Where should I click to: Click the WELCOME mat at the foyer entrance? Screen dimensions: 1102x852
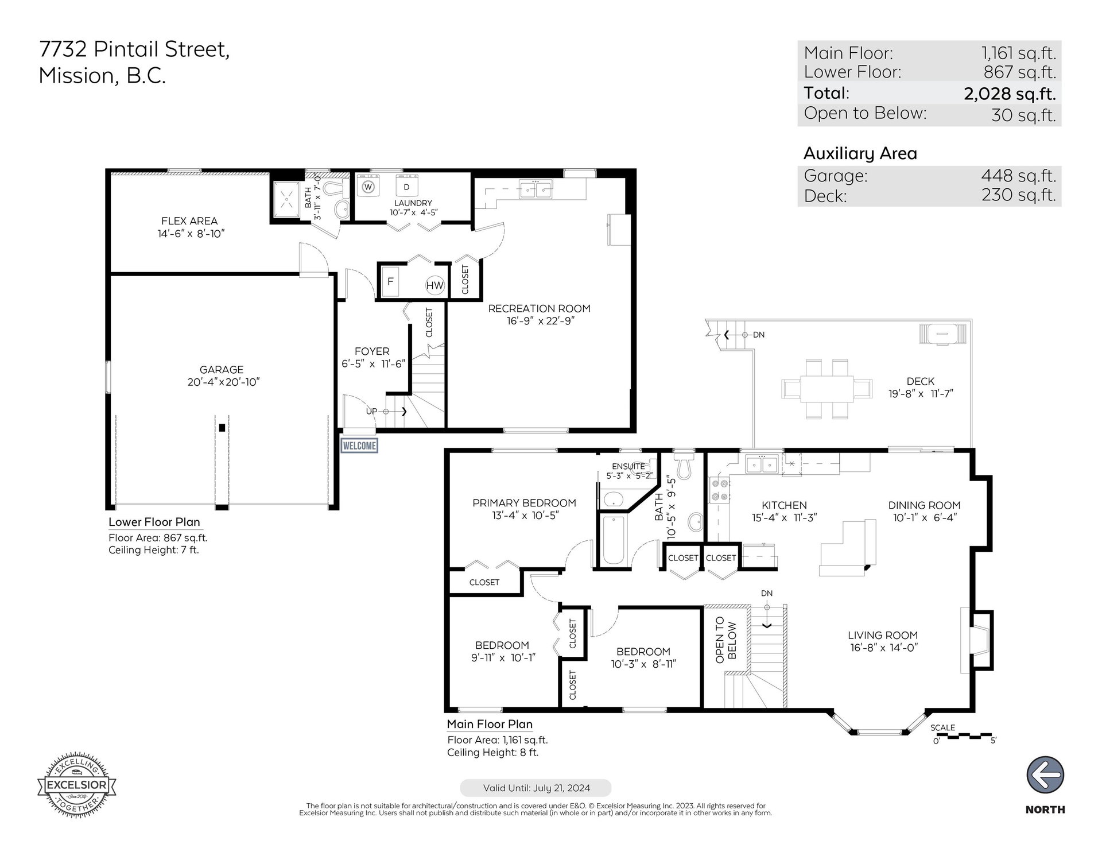359,446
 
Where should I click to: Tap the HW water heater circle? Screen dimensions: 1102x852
435,285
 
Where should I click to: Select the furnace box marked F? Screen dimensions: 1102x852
390,282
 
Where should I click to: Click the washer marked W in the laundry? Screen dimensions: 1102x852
368,187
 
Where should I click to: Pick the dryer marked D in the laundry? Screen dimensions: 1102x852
407,187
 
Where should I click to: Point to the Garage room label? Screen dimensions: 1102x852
222,370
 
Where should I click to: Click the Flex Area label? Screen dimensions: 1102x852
189,221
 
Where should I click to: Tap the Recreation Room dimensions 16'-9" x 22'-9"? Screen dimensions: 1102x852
540,321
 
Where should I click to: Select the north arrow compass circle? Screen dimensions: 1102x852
1045,775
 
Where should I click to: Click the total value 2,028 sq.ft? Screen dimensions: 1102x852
1010,93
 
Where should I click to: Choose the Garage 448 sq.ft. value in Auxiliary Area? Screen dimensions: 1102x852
1018,175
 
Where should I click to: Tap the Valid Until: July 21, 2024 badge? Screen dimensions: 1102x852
536,788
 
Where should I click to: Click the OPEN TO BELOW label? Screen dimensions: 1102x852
725,640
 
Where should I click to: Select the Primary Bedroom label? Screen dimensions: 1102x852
524,503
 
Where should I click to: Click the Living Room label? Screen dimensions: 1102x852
883,635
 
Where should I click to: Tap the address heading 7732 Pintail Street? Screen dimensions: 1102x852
134,50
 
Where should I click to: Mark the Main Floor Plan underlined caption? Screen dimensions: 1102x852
490,725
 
